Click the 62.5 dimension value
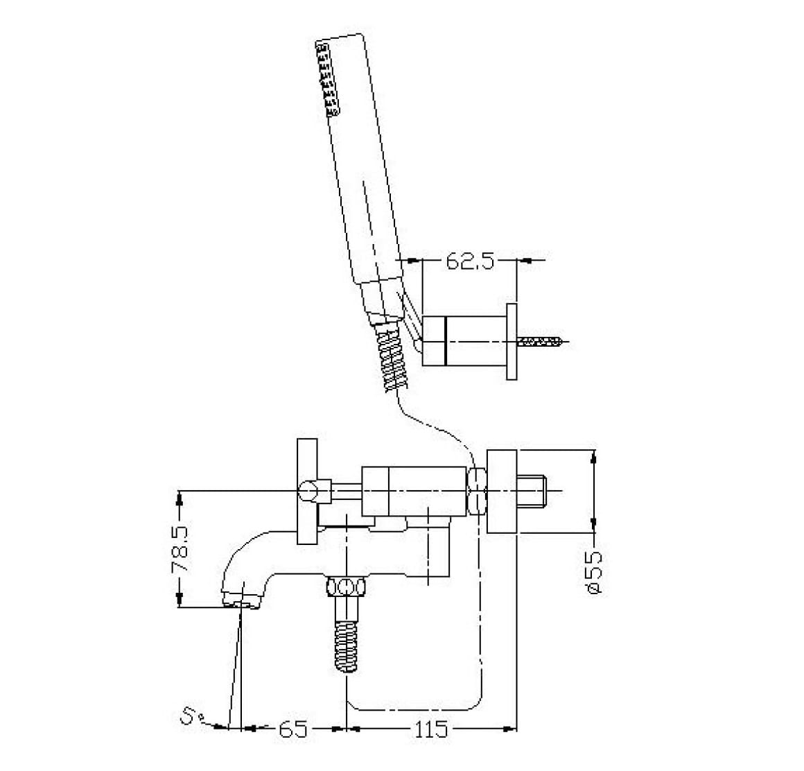pos(470,261)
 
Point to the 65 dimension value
pos(294,729)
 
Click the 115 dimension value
pos(430,729)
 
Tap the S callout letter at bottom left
pos(189,715)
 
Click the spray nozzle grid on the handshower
pos(328,78)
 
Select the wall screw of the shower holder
pos(540,341)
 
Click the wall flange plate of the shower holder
pos(512,342)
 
